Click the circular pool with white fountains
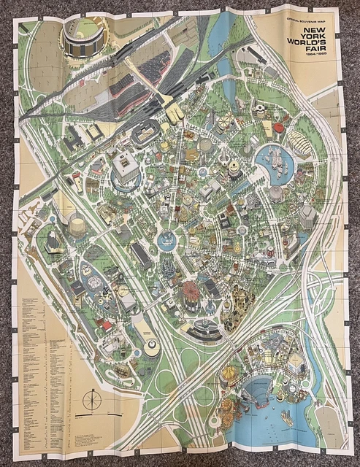(274, 158)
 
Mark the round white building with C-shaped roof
(151, 346)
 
